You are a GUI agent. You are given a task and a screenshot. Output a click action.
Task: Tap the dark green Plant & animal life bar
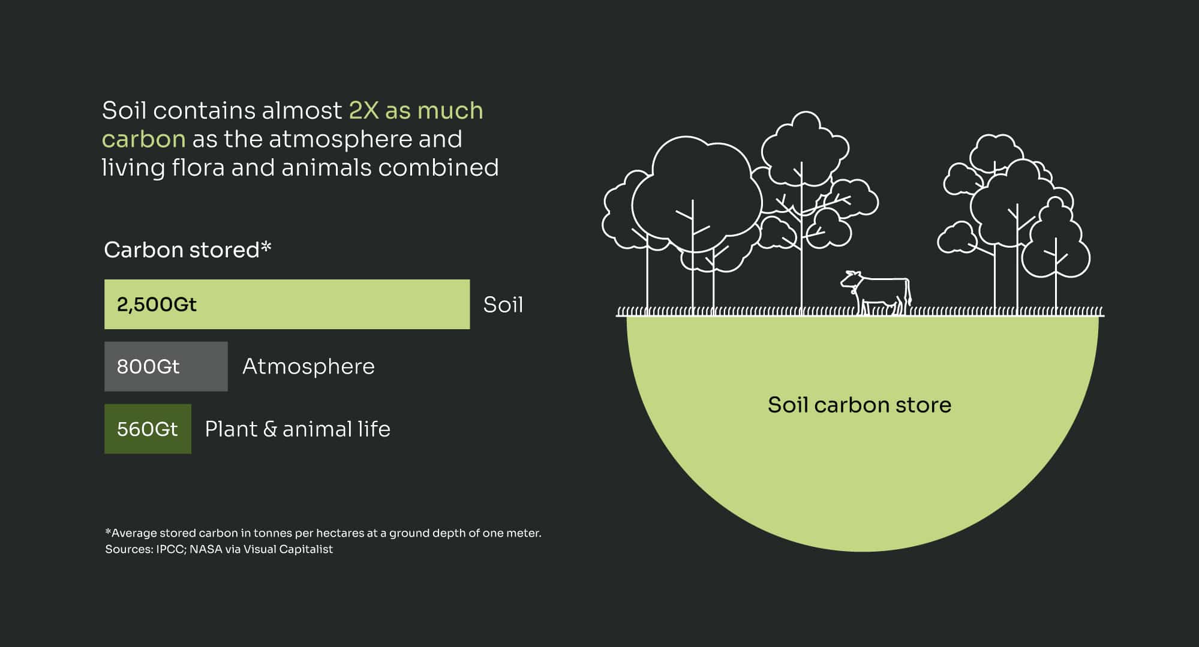148,429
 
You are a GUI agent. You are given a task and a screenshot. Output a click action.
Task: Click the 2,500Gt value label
157,305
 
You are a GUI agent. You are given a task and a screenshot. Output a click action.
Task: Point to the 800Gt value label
148,366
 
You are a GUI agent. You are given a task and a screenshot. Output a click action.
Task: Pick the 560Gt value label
147,429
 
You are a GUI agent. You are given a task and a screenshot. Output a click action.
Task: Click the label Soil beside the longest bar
503,305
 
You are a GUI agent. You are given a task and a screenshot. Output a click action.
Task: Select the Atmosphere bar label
308,366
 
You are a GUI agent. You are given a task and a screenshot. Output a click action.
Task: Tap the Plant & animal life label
298,429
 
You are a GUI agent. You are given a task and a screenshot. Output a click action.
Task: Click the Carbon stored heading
181,250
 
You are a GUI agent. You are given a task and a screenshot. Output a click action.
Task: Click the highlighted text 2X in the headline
363,110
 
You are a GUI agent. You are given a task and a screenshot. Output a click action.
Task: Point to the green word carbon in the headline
143,140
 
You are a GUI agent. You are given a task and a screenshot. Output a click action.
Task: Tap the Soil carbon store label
859,405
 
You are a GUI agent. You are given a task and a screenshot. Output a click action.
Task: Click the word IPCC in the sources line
170,549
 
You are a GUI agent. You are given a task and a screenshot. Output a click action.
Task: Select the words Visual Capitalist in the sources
288,549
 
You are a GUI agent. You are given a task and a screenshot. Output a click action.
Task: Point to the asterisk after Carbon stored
266,246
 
